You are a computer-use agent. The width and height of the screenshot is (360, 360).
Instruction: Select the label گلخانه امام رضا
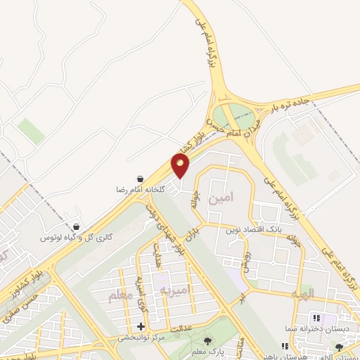click(142, 190)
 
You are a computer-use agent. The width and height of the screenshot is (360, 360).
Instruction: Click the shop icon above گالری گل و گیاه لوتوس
click(77, 227)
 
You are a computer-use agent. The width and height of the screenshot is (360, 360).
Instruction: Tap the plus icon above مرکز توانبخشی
click(141, 326)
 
